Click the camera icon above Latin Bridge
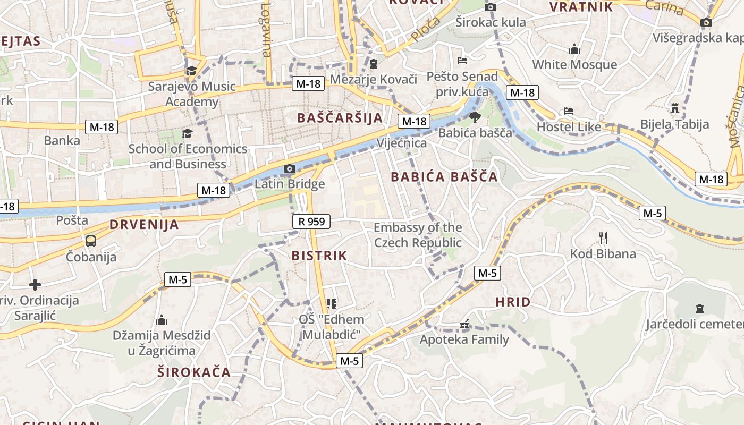point(289,169)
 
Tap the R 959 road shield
point(311,222)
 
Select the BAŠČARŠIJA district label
point(340,118)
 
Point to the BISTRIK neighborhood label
point(319,256)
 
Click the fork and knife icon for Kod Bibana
point(603,237)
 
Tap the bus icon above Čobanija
point(91,241)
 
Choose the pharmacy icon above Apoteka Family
point(464,324)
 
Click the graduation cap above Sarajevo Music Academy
point(191,71)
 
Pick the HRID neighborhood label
point(513,302)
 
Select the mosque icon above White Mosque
point(574,49)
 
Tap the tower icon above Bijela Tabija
point(675,108)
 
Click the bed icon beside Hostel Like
point(568,112)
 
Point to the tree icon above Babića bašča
point(475,117)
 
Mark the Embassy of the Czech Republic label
point(418,235)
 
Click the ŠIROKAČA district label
point(194,372)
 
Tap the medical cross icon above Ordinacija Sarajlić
point(35,285)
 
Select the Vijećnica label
point(401,143)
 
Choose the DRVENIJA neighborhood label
point(144,224)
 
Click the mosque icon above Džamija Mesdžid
point(162,320)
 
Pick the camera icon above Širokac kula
point(491,7)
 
